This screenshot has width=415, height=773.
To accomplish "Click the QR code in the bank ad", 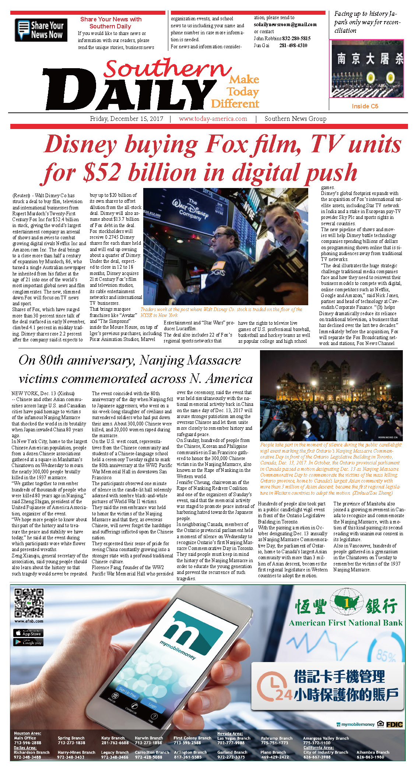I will coord(29,603).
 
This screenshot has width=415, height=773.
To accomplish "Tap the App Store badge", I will coord(28,633).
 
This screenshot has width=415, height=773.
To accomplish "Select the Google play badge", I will coord(28,642).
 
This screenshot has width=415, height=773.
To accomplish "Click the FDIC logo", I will coord(394,725).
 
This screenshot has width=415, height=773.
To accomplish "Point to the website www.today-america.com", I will coord(213,119).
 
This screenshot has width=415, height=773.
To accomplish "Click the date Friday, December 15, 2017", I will coord(126,119).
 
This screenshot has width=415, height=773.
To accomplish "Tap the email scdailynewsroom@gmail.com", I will coord(285,25).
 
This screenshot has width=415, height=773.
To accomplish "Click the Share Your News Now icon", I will coord(41,30).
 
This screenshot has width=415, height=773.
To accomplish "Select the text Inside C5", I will coord(365,106).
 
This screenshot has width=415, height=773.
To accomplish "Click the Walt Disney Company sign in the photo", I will coord(190,209).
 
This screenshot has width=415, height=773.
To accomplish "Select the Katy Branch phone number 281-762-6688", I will coord(115,743).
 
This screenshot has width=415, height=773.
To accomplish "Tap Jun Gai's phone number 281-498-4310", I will coord(293,46).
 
